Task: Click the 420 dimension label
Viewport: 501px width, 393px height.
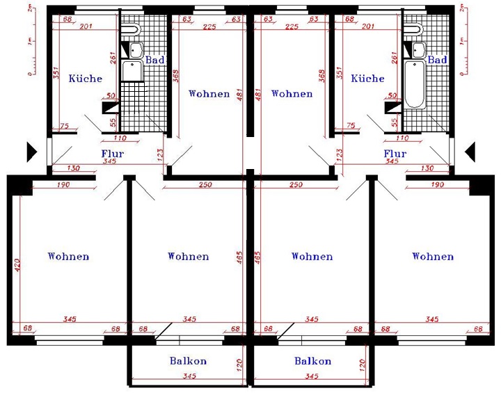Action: point(17,265)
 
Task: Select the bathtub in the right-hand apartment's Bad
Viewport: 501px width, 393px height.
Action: point(415,84)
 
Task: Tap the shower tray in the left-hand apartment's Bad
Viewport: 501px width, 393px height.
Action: point(132,71)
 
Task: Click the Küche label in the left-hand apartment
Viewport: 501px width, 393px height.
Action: point(86,79)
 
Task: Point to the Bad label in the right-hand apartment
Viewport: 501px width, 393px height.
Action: point(437,60)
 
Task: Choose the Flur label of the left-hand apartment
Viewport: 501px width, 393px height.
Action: point(113,153)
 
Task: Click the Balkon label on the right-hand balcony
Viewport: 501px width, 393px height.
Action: point(312,361)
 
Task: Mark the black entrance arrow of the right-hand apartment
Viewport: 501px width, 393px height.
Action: point(470,152)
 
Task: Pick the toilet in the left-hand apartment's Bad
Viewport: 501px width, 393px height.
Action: point(131,30)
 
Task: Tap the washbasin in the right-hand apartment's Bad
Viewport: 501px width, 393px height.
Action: point(419,50)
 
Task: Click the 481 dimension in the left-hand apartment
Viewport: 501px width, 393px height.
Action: point(240,95)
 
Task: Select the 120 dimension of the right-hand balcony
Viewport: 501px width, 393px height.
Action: point(363,365)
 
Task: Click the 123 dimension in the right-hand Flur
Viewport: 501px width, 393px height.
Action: point(340,154)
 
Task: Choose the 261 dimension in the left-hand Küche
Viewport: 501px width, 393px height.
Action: point(113,58)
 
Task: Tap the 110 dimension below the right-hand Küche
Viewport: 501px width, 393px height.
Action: point(401,138)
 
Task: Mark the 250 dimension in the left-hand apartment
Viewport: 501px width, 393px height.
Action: point(205,185)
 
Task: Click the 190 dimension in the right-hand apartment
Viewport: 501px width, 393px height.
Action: point(437,185)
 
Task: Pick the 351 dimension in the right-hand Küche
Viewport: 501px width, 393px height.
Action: point(340,73)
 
